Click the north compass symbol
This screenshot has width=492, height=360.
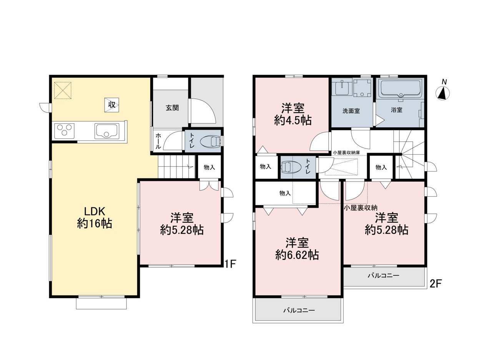pyautogui.click(x=442, y=93)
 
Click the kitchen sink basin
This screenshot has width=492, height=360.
pyautogui.click(x=107, y=131)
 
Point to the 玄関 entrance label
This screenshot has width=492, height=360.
pyautogui.click(x=172, y=108)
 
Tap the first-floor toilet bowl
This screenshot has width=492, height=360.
pyautogui.click(x=210, y=141)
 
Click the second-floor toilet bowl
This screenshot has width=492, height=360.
pyautogui.click(x=288, y=167)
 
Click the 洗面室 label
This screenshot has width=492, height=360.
pyautogui.click(x=351, y=111)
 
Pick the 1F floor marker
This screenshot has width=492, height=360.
pyautogui.click(x=230, y=264)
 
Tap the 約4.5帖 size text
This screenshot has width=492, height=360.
pyautogui.click(x=293, y=121)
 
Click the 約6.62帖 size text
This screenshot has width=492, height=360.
pyautogui.click(x=297, y=255)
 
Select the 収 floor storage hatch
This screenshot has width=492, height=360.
pyautogui.click(x=112, y=105)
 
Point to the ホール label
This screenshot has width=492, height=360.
pyautogui.click(x=158, y=141)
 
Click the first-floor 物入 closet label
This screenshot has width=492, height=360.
pyautogui.click(x=209, y=167)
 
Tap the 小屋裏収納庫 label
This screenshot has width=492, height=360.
pyautogui.click(x=346, y=152)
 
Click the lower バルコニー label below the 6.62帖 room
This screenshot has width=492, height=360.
pyautogui.click(x=299, y=310)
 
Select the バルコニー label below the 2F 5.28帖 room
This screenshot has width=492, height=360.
pyautogui.click(x=384, y=275)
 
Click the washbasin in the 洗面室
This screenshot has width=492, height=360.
pyautogui.click(x=342, y=87)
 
